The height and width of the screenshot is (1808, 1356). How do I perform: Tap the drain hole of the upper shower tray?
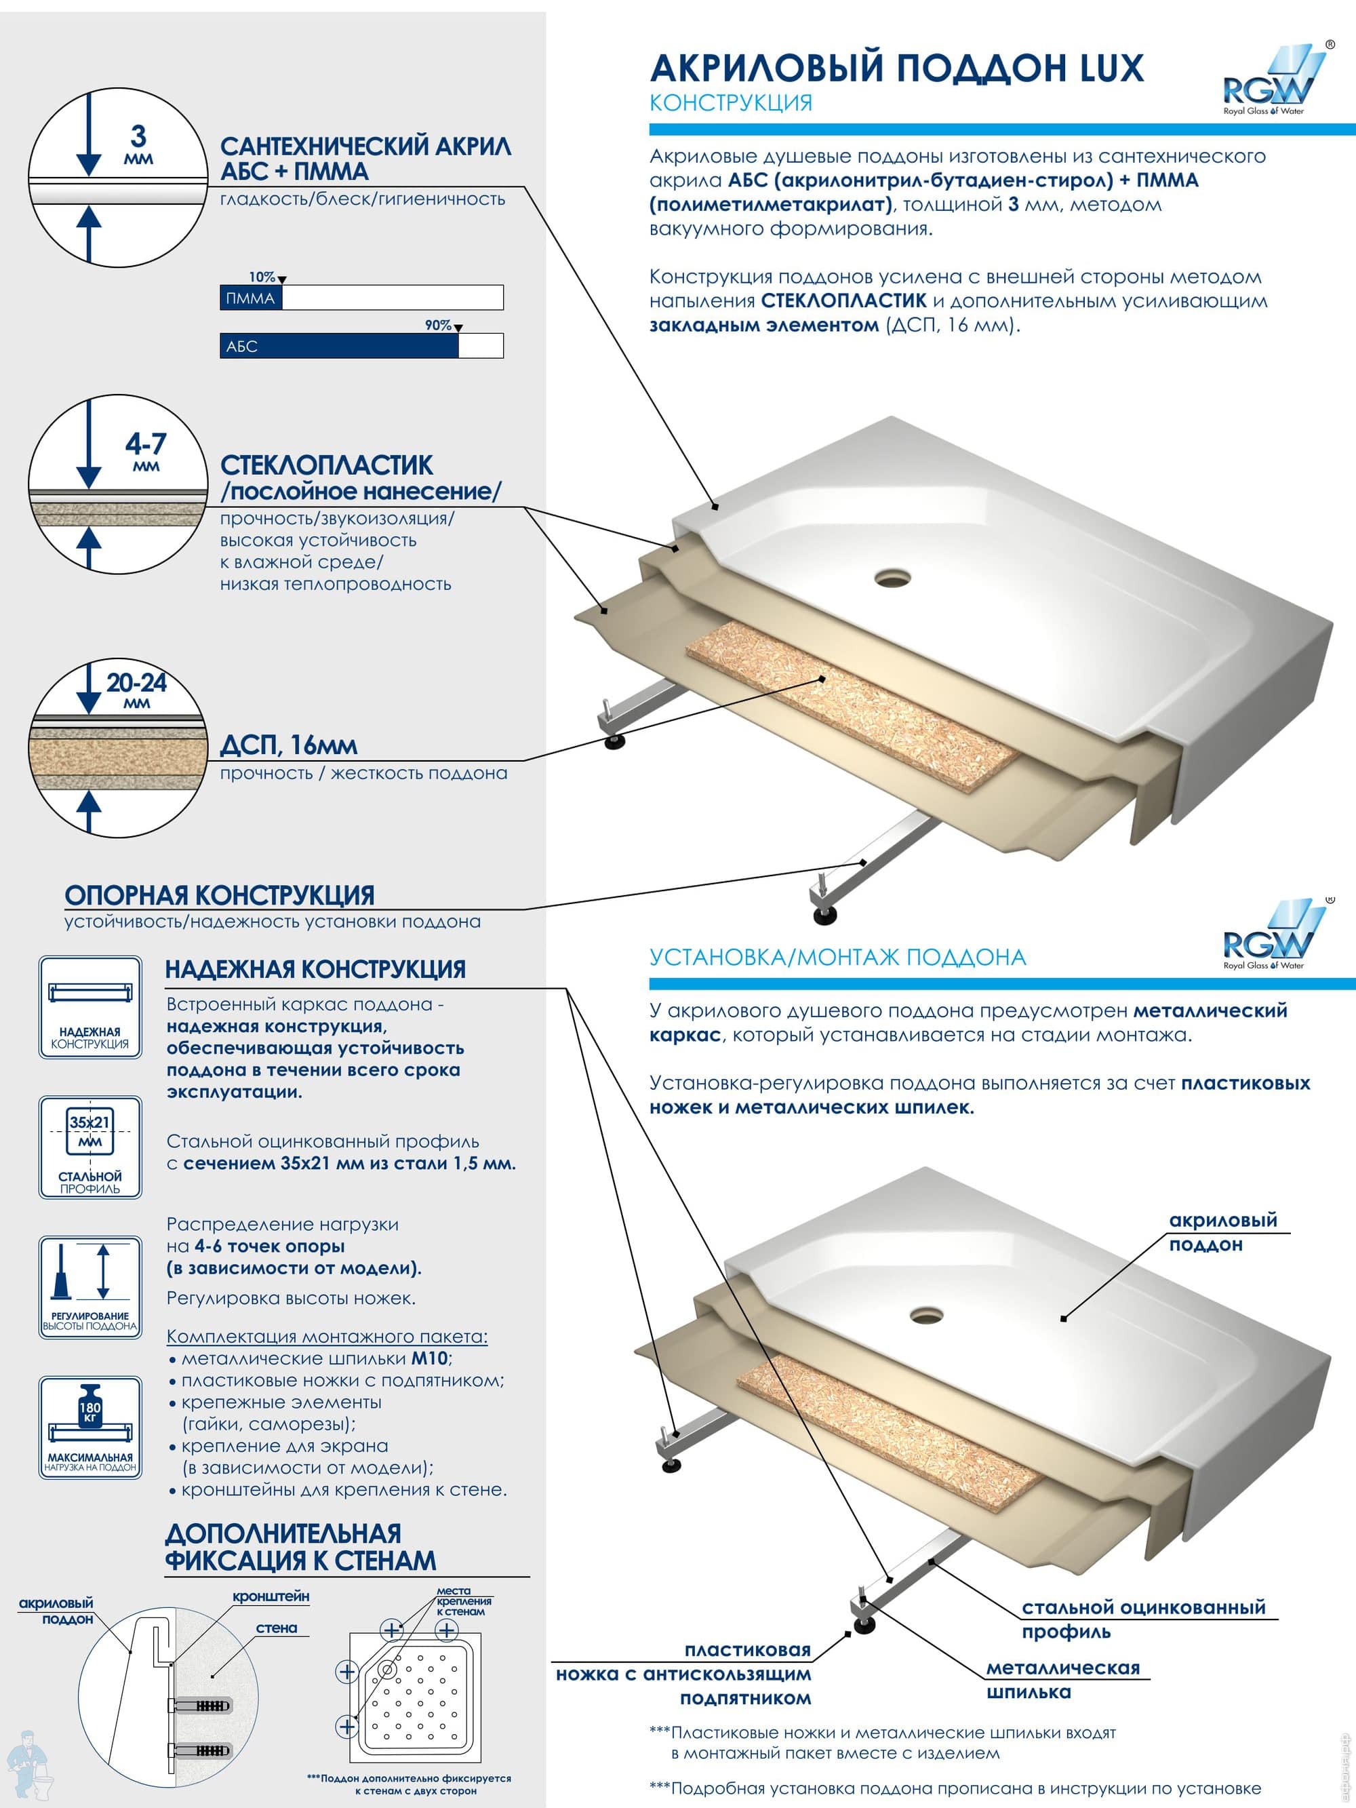(x=892, y=578)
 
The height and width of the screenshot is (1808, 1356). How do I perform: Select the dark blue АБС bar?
(x=339, y=346)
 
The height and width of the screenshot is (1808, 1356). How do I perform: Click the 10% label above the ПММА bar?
(x=262, y=277)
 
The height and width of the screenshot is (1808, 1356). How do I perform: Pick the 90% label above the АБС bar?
(x=438, y=326)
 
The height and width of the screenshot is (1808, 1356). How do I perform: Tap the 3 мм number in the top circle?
(x=139, y=144)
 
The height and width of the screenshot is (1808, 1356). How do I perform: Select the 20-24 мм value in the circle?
(x=136, y=689)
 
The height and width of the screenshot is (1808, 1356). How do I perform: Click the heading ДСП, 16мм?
(x=289, y=745)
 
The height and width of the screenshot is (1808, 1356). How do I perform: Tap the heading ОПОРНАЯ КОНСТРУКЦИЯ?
(x=219, y=895)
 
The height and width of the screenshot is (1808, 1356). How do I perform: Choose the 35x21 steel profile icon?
(x=90, y=1147)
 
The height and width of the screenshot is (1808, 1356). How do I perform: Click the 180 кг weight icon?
(x=90, y=1427)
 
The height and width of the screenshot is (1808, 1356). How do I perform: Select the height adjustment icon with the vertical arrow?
(x=90, y=1287)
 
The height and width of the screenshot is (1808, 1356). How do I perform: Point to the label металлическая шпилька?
(x=1062, y=1680)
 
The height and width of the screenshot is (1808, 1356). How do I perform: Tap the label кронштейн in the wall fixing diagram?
(x=271, y=1596)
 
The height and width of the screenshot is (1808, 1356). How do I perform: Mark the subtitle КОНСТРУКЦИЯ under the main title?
(x=731, y=103)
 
